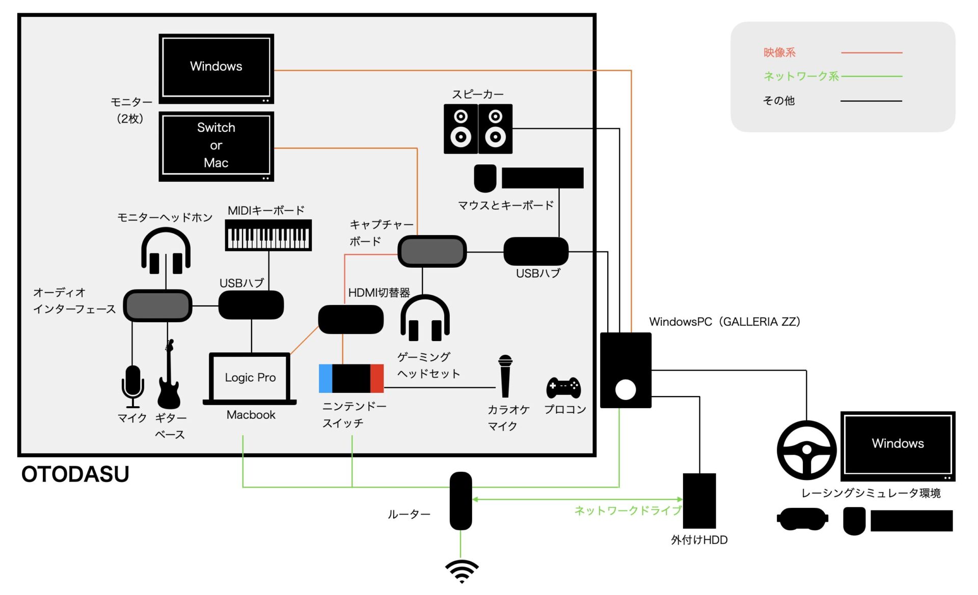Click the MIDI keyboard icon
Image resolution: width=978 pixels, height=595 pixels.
(x=268, y=235)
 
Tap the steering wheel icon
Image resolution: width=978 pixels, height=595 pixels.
(x=806, y=450)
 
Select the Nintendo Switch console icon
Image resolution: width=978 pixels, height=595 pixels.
(x=351, y=378)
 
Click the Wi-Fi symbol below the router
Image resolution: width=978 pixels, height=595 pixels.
(x=461, y=571)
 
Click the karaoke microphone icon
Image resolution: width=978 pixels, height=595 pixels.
(x=505, y=376)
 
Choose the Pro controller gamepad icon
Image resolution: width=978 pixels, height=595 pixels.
(x=563, y=387)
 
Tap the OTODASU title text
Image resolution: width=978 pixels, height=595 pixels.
(x=75, y=474)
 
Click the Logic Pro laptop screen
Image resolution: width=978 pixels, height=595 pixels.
(x=250, y=377)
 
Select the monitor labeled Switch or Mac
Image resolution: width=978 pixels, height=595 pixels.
(x=216, y=146)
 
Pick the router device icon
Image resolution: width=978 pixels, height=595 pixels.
(x=460, y=501)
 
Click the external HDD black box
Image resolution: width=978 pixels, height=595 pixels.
(x=699, y=501)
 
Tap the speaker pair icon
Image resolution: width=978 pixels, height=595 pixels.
(x=478, y=129)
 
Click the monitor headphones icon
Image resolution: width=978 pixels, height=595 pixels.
(x=166, y=251)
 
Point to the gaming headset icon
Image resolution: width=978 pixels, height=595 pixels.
(x=425, y=319)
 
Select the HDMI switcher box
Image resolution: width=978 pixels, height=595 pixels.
(x=350, y=319)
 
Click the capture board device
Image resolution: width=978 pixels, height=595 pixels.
(x=431, y=251)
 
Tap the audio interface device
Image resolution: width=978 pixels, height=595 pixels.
(x=157, y=305)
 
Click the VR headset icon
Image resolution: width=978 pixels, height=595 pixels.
(x=802, y=519)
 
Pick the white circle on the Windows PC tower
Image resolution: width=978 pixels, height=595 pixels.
(x=625, y=390)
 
